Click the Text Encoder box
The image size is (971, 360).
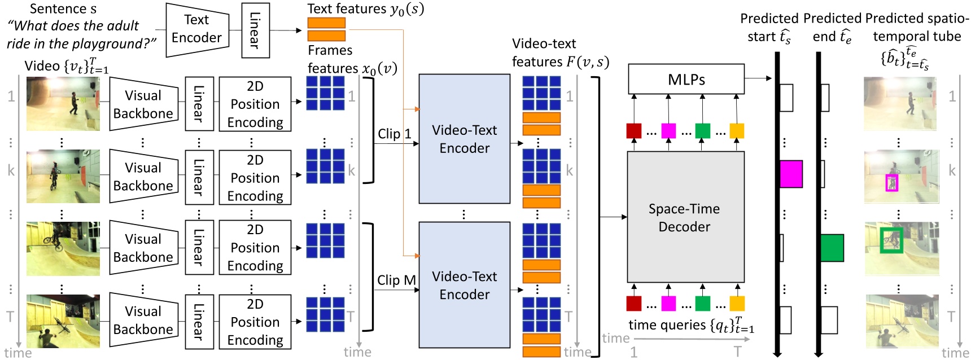pyautogui.click(x=196, y=29)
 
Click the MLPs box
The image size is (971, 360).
pyautogui.click(x=686, y=80)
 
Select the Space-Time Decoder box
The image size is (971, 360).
pyautogui.click(x=685, y=217)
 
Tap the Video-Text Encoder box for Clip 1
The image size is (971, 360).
pyautogui.click(x=464, y=139)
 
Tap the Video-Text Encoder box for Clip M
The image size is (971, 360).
pyautogui.click(x=464, y=285)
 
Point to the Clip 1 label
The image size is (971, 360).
pyautogui.click(x=394, y=134)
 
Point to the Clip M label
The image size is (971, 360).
pyautogui.click(x=396, y=280)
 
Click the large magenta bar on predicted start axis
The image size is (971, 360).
pyautogui.click(x=791, y=174)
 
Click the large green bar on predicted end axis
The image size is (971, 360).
pyautogui.click(x=832, y=248)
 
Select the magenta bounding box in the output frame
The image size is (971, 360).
pyautogui.click(x=891, y=183)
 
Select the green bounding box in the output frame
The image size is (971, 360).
pyautogui.click(x=891, y=240)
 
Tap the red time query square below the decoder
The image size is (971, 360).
pyautogui.click(x=634, y=304)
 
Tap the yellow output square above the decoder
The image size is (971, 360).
pyautogui.click(x=737, y=131)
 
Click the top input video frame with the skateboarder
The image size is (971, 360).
pyautogui.click(x=63, y=104)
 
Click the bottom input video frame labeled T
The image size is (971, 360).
pyautogui.click(x=63, y=321)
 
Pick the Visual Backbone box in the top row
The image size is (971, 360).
pyautogui.click(x=143, y=104)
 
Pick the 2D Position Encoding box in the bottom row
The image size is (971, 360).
pyautogui.click(x=255, y=322)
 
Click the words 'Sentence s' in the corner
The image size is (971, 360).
pyautogui.click(x=63, y=9)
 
